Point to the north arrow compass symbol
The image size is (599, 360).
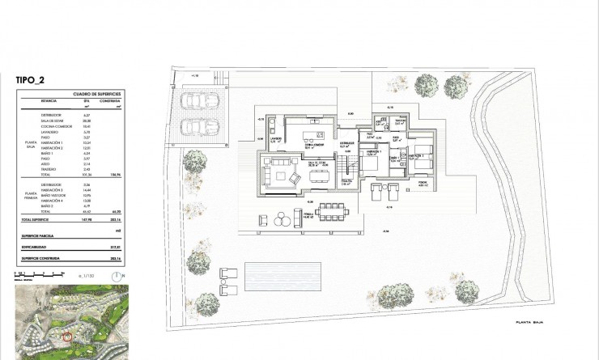(118, 275)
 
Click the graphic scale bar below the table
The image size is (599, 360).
(32, 276)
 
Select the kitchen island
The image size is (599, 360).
(308, 133)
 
